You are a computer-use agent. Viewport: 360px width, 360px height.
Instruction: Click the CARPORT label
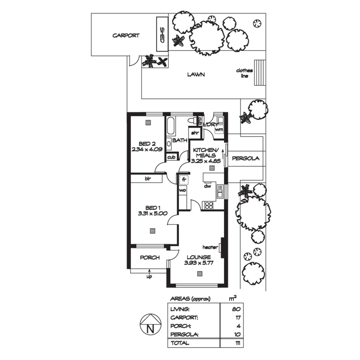[x=126, y=36]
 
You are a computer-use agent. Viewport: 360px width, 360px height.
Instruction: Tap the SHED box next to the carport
[x=162, y=34]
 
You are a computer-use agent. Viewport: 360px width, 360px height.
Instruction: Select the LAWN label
[x=196, y=75]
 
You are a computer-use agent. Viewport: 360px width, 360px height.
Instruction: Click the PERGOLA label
[x=245, y=158]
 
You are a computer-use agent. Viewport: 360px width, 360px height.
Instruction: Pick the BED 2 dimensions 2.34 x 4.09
[x=147, y=149]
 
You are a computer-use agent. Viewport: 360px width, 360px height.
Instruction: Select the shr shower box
[x=195, y=133]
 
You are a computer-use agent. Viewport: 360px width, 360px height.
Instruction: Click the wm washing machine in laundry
[x=219, y=129]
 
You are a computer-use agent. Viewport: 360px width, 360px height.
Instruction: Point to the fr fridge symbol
[x=184, y=180]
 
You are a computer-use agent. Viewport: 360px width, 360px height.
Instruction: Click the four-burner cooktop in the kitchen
[x=209, y=205]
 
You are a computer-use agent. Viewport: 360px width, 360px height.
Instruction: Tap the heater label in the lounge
[x=210, y=247]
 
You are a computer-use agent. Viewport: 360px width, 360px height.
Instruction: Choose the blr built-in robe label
[x=147, y=179]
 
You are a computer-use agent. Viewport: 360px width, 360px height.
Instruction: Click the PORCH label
[x=149, y=258]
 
